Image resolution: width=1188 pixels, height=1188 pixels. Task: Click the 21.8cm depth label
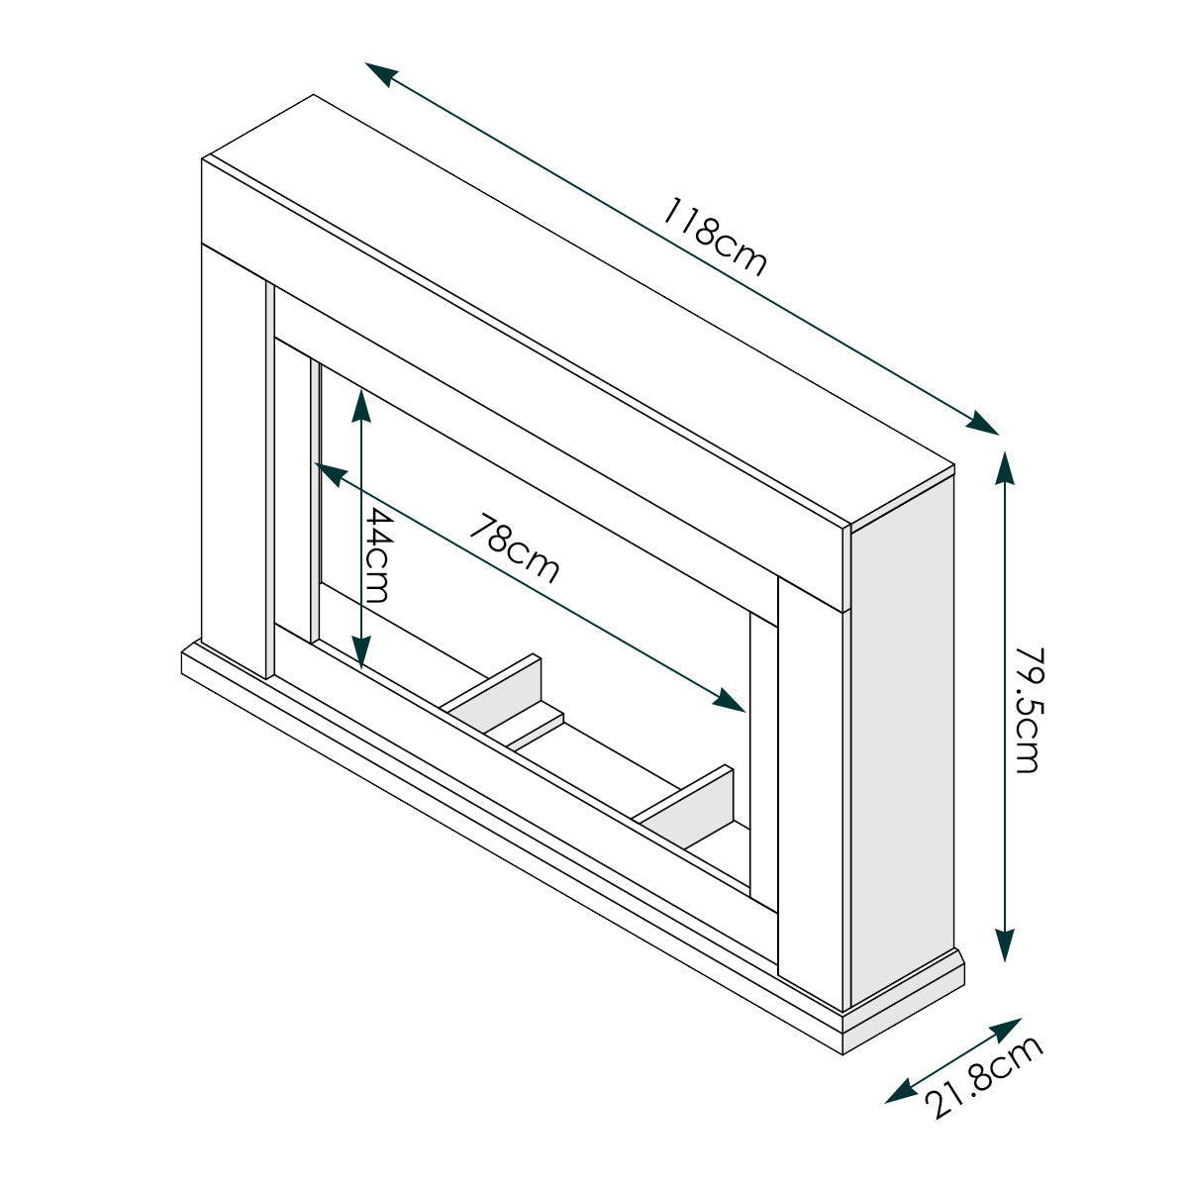tap(986, 1076)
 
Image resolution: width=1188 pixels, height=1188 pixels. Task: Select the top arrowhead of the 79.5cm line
tap(1006, 465)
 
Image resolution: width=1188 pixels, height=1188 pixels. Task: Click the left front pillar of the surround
tap(234, 455)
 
